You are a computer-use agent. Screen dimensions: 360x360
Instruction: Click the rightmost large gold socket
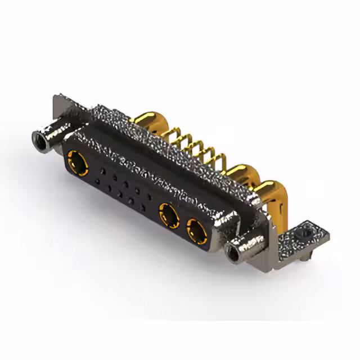pos(195,231)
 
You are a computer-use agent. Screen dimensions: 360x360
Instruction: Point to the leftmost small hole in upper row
pos(103,169)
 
